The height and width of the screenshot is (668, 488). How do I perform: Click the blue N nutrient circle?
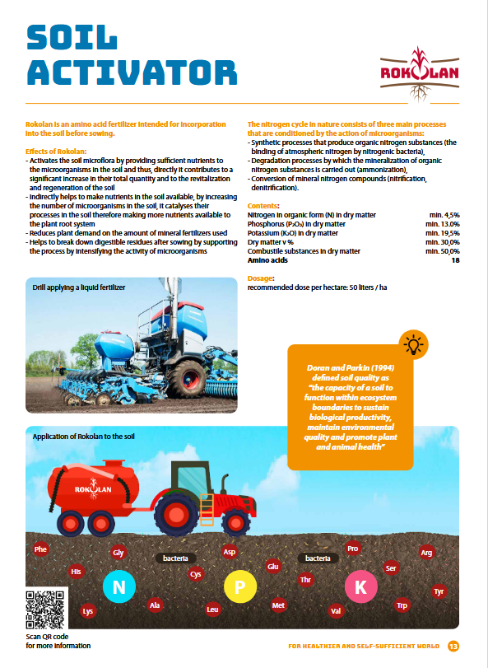click(119, 586)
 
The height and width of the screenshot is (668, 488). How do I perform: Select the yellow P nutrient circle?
click(240, 587)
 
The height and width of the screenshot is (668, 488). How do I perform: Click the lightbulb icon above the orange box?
click(413, 343)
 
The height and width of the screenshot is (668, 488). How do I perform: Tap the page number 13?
click(453, 645)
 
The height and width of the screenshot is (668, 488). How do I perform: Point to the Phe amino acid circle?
click(40, 549)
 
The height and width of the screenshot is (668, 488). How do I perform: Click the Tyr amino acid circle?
click(439, 592)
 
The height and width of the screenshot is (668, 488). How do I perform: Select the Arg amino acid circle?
click(426, 553)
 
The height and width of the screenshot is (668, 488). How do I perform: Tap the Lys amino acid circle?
click(87, 611)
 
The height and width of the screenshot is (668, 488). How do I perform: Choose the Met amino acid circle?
click(278, 605)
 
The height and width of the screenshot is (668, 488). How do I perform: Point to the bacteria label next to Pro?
click(318, 558)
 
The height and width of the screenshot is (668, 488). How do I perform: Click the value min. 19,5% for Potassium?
click(442, 233)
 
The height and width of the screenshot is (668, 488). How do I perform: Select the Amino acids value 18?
click(455, 260)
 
